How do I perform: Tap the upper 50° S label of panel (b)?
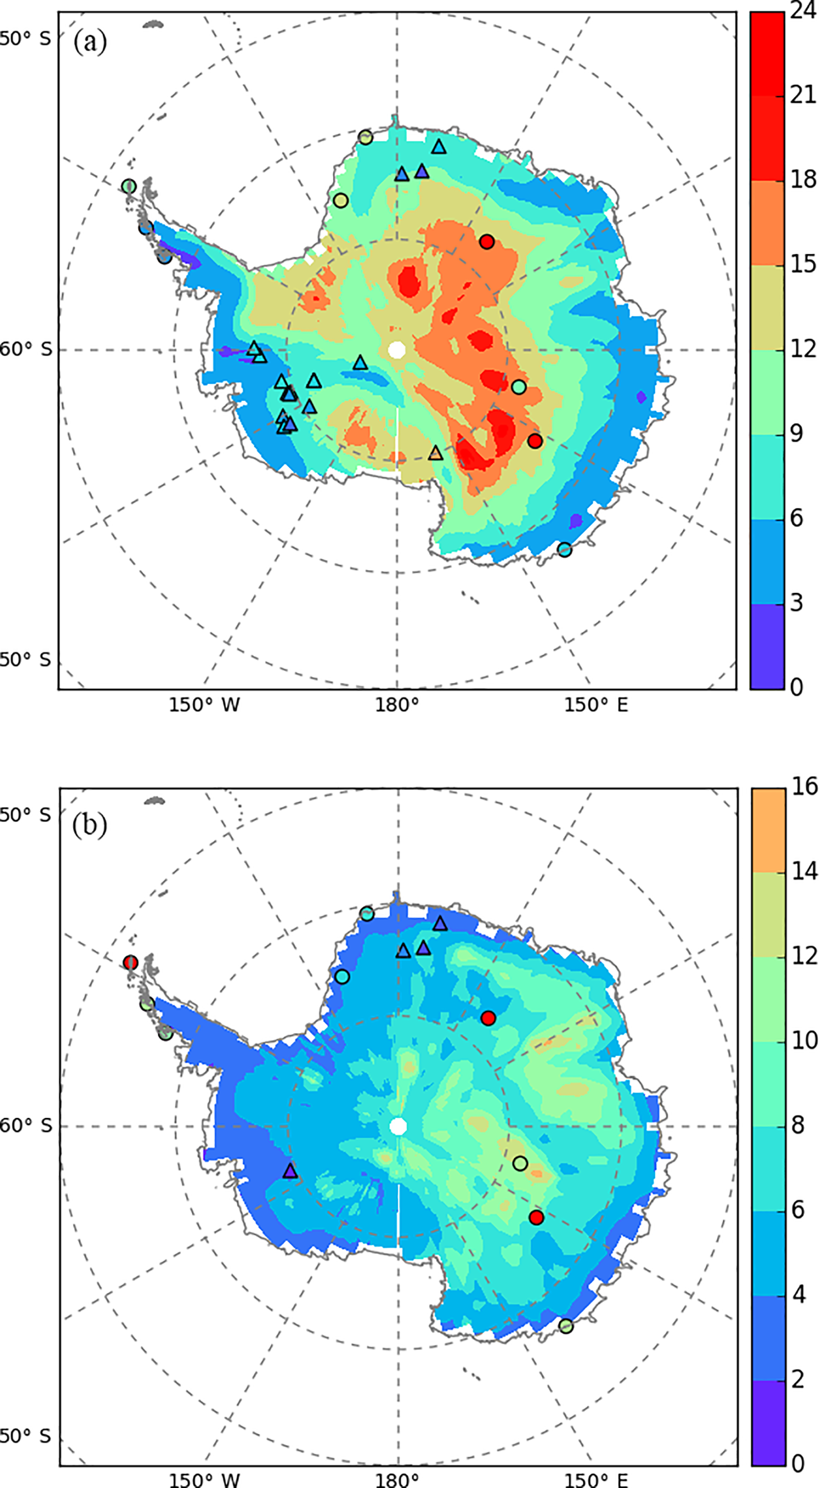[x=26, y=815]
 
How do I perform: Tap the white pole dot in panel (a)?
[x=397, y=350]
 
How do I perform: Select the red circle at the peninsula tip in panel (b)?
[x=130, y=963]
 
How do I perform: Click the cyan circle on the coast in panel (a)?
[x=564, y=549]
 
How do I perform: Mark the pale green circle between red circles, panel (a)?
[x=519, y=386]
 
